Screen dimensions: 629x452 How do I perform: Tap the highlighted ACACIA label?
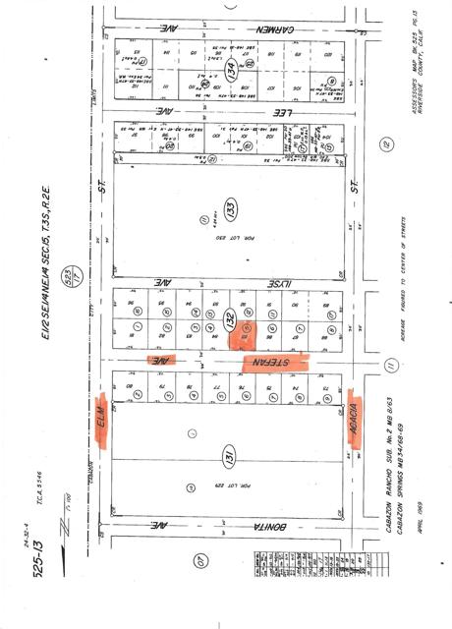pyautogui.click(x=351, y=420)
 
